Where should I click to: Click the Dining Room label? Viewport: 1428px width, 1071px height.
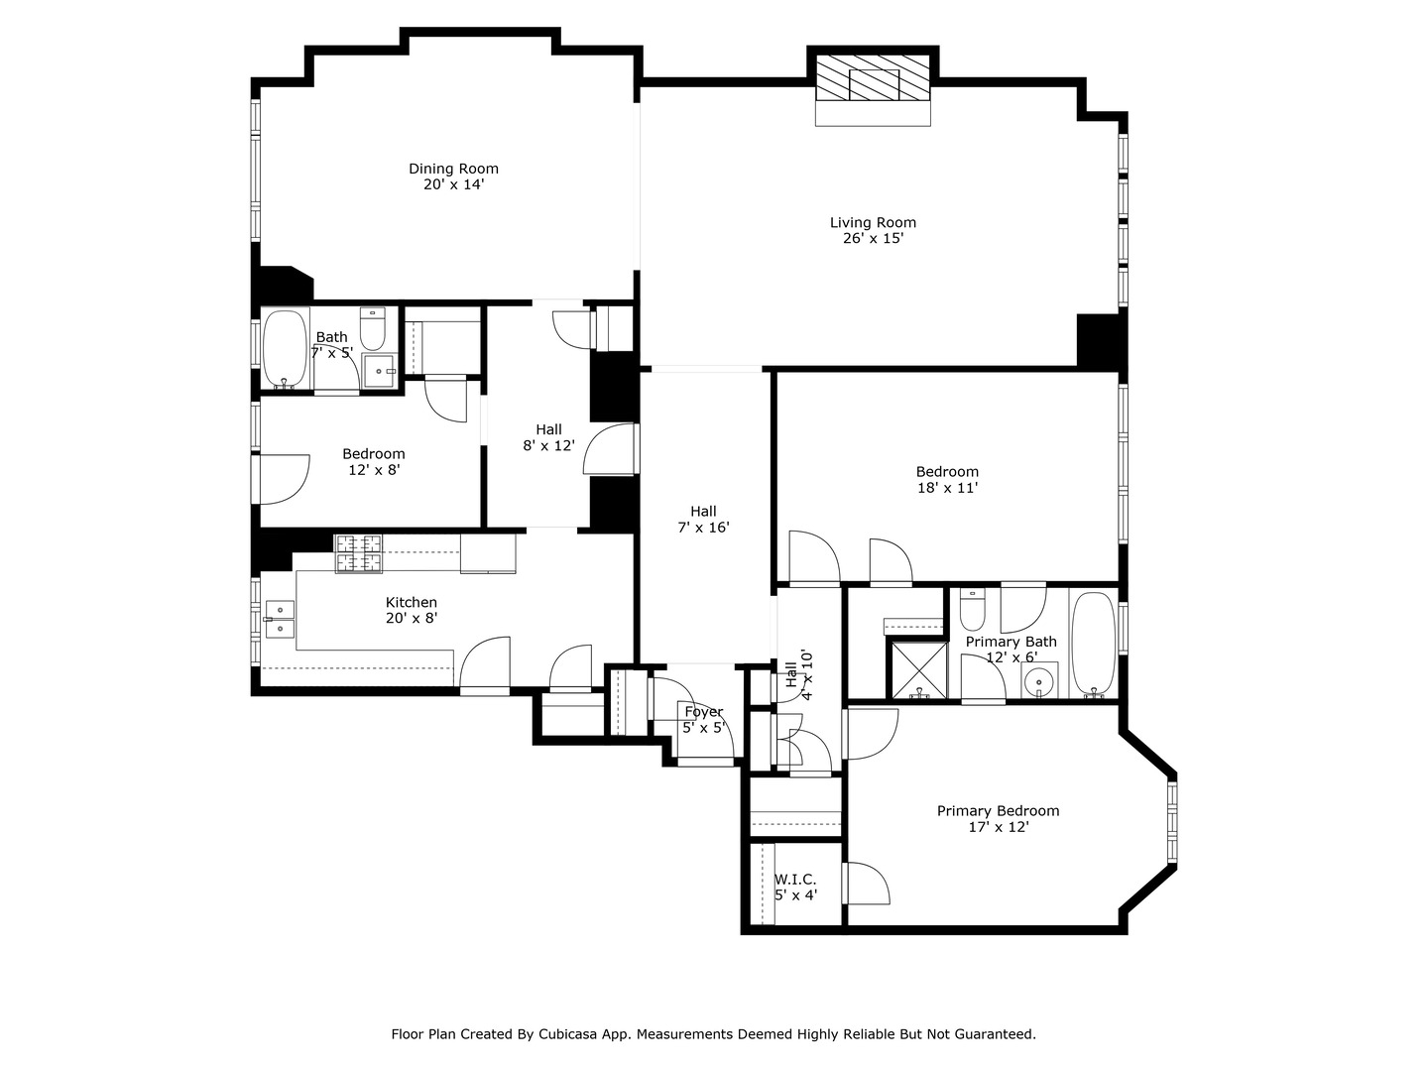tap(453, 169)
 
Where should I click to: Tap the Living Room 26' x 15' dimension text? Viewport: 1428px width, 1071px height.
tap(873, 239)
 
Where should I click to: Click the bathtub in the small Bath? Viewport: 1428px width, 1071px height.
tap(285, 349)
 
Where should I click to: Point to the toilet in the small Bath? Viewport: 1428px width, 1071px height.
tap(373, 328)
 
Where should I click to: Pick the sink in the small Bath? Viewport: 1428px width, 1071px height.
tap(379, 371)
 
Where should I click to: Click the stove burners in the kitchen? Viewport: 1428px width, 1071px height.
tap(358, 554)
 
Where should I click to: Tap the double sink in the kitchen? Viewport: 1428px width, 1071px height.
tap(280, 620)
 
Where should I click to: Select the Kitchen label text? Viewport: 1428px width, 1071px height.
tap(412, 603)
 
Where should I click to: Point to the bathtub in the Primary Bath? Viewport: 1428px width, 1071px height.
tap(1094, 645)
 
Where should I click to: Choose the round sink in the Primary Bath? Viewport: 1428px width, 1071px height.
tap(1039, 681)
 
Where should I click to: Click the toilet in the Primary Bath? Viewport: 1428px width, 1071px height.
tap(973, 610)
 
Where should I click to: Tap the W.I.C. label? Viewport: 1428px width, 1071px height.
tap(795, 880)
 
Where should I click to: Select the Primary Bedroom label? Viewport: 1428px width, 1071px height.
tap(998, 811)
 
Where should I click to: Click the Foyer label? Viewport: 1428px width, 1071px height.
tap(704, 712)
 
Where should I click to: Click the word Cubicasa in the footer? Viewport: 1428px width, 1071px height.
tap(565, 1034)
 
